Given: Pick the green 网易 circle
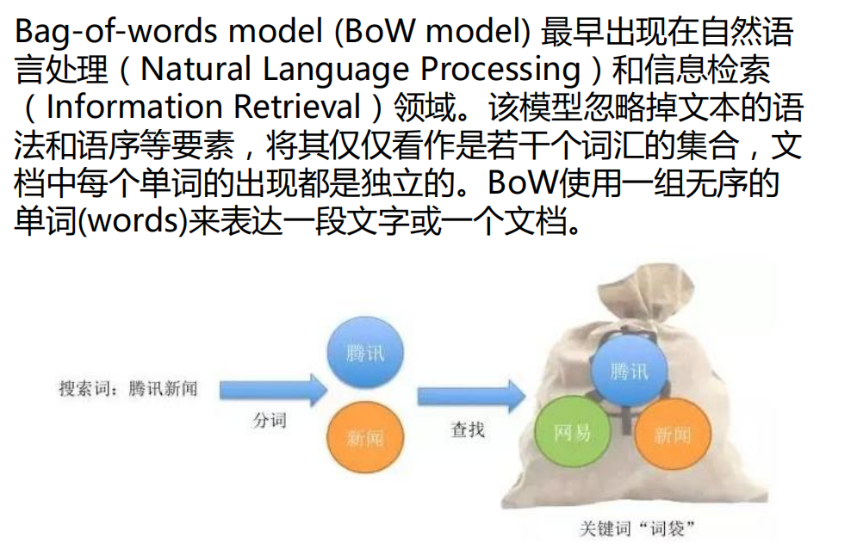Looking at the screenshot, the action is click(x=572, y=432).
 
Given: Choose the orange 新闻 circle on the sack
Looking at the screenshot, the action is click(x=673, y=434).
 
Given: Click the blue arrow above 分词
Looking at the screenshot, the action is click(x=273, y=391).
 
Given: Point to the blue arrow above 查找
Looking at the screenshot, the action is click(x=470, y=396).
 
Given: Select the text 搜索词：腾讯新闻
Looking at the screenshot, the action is click(x=127, y=389).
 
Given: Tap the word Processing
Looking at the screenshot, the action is click(x=505, y=70).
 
